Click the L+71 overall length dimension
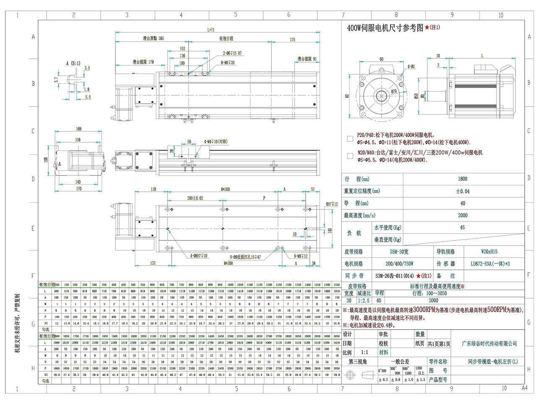[x=211, y=30]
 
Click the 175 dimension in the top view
[x=293, y=40]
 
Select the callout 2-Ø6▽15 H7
[x=232, y=53]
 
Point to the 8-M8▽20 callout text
[x=228, y=63]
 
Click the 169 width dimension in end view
[x=78, y=129]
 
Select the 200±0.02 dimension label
[x=195, y=198]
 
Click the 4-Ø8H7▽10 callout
[x=199, y=255]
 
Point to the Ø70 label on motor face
[x=394, y=91]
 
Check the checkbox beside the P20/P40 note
[x=350, y=138]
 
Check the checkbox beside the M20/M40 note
[x=350, y=156]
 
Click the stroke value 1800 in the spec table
[x=463, y=179]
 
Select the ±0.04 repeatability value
[x=463, y=191]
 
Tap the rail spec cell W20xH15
[x=489, y=252]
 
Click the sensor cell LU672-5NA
[x=490, y=264]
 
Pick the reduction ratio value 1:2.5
[x=364, y=300]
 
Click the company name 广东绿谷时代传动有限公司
[x=489, y=344]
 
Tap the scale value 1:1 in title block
[x=364, y=352]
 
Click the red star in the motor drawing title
[x=427, y=27]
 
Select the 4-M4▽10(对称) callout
[x=216, y=142]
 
